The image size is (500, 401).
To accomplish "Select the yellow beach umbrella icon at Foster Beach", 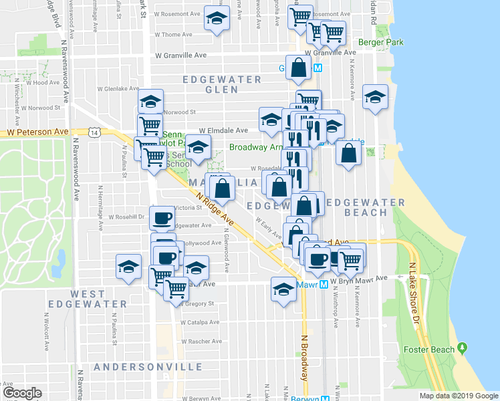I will click(462, 349).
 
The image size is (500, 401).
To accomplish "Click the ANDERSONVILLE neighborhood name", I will click(148, 368).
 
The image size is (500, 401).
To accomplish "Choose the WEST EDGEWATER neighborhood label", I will click(98, 299).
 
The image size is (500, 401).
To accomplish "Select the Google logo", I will click(22, 393).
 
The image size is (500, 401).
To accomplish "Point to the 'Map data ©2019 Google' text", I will click(458, 395).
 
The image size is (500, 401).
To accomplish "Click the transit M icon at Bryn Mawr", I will click(324, 284).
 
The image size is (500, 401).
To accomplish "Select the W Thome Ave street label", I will click(173, 35).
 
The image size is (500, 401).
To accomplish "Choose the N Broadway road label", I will click(305, 358).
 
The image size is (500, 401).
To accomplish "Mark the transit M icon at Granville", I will click(318, 68).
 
